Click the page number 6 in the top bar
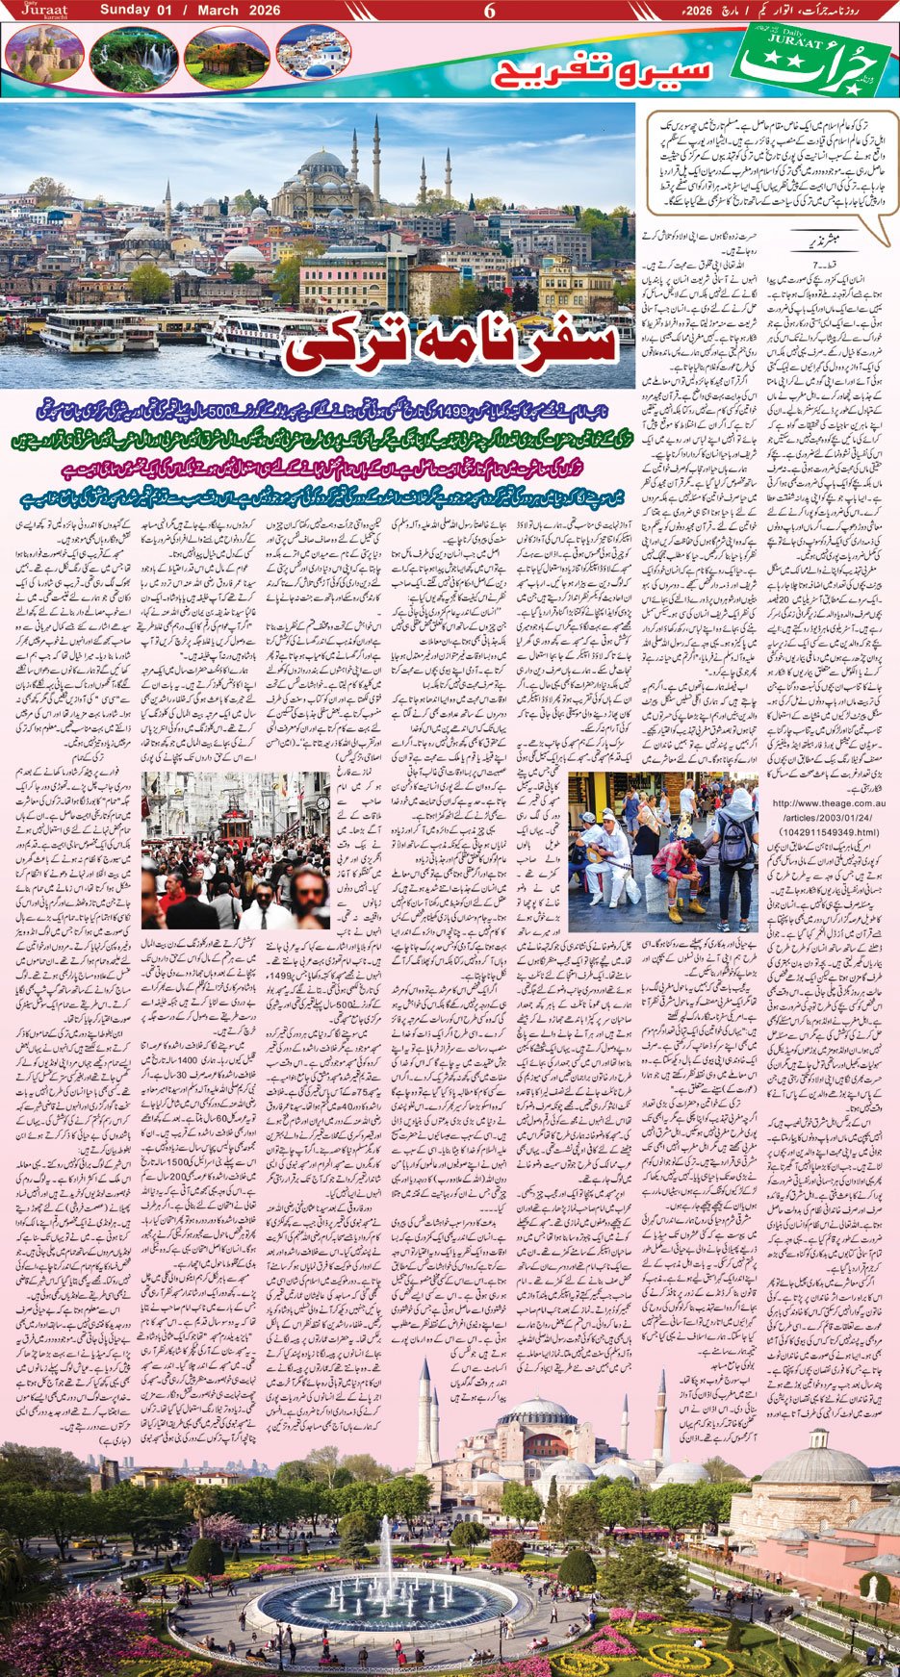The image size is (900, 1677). [x=489, y=12]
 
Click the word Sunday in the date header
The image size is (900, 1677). [x=126, y=11]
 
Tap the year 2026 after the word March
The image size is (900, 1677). [x=262, y=11]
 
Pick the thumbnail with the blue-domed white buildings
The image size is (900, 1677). [x=312, y=53]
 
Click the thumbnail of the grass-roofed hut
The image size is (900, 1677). [x=226, y=55]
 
